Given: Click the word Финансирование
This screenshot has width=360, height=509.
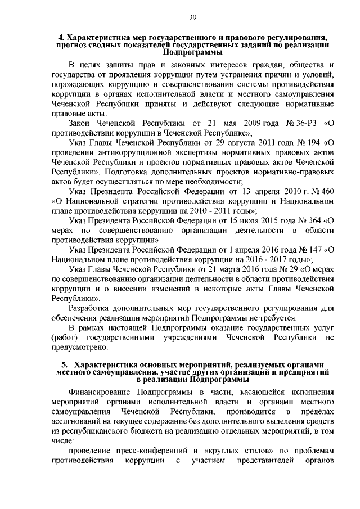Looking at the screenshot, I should (x=101, y=391).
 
